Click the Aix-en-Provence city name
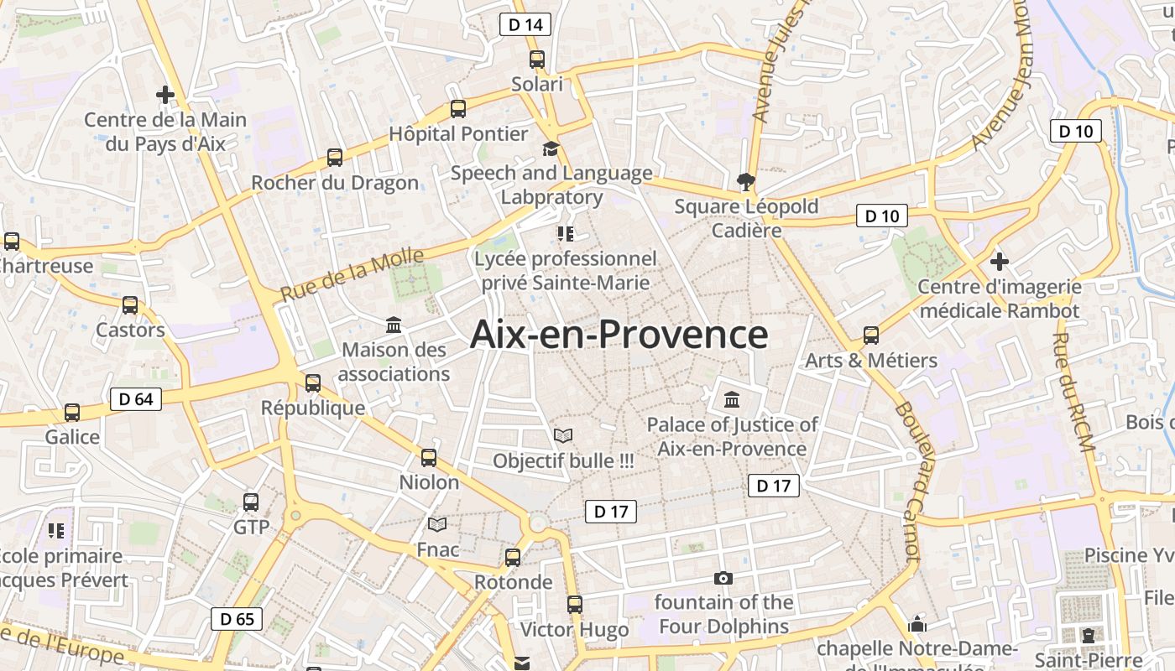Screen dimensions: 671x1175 pos(619,335)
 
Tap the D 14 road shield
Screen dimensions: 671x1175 pos(525,24)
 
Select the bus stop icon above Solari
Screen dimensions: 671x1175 pos(537,60)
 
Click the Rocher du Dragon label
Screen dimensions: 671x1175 pos(335,183)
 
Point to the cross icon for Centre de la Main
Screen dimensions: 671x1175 pos(165,95)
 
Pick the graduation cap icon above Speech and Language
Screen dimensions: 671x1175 pos(551,149)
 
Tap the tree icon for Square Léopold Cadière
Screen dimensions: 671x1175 pos(744,181)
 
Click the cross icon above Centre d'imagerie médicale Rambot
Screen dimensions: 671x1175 pos(999,261)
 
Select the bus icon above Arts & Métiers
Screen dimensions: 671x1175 pos(871,335)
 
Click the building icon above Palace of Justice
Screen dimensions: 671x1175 pos(731,399)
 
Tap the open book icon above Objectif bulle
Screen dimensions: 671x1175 pos(563,436)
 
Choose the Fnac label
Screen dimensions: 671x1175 pos(438,550)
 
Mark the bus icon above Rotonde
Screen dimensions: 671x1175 pos(513,557)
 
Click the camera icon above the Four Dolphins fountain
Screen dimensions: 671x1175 pos(723,578)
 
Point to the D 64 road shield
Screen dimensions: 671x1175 pos(136,399)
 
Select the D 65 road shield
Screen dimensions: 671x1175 pos(237,619)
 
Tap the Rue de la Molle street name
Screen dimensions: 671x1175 pos(352,276)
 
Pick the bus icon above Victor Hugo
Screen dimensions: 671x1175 pos(575,604)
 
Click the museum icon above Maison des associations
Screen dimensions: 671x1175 pos(394,325)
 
